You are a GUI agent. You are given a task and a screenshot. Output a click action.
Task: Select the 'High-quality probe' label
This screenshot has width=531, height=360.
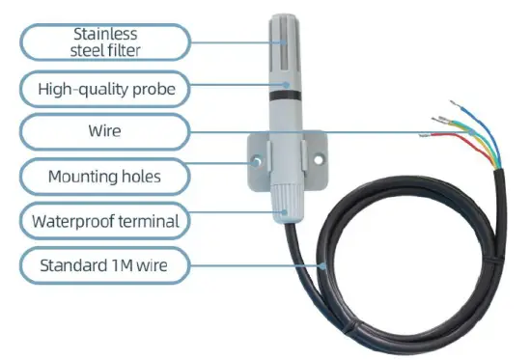click(104, 91)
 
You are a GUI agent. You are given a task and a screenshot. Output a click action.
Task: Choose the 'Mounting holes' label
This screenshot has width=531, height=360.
click(104, 177)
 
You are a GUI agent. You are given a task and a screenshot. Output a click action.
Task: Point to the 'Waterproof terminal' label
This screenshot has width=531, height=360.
click(104, 221)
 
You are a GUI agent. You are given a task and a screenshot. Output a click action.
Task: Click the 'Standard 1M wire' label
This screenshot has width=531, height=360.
click(104, 264)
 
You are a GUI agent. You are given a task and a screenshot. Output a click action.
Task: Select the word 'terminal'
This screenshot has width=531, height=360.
click(146, 221)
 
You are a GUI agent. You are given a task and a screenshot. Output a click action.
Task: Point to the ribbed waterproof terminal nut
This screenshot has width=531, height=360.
click(286, 204)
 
